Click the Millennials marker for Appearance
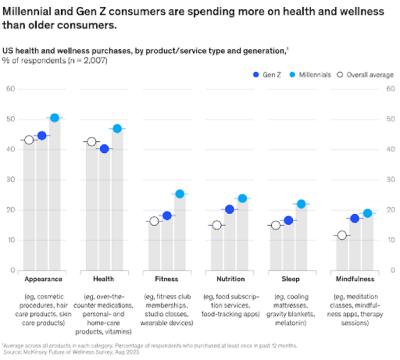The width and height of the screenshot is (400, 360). coord(55,118)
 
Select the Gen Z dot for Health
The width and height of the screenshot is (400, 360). coord(104,149)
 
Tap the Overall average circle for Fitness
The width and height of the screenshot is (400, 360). coord(154,221)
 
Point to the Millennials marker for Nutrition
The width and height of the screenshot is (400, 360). coord(243,198)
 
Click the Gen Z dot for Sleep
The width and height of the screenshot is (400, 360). coord(289,220)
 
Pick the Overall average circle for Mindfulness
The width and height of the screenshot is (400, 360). coord(342,235)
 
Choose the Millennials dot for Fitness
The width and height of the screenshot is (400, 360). coord(180,194)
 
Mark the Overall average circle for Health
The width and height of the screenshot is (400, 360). coord(91,141)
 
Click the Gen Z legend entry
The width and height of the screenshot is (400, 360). coord(268,75)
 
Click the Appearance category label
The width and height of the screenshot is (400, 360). coord(43,279)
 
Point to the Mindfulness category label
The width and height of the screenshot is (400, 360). coord(355,279)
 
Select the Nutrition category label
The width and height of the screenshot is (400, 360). coord(230,279)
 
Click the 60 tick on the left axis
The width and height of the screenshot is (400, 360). coord(11,89)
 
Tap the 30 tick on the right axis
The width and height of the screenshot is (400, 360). coord(389,180)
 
